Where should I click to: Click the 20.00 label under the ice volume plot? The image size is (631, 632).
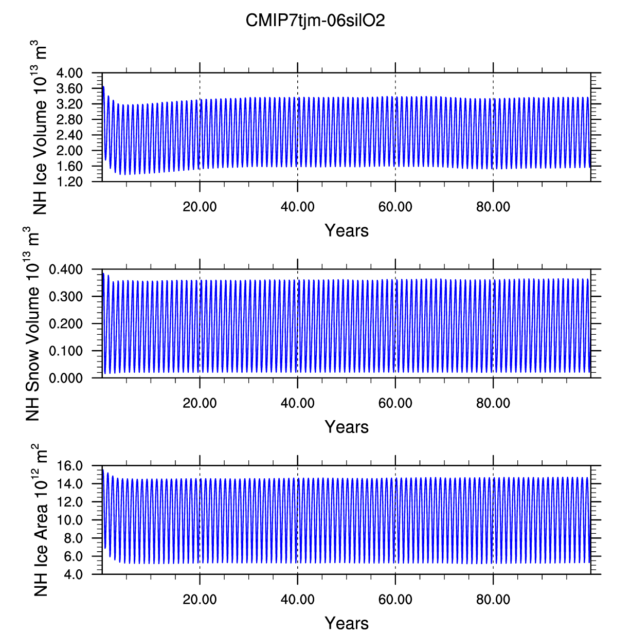coord(200,207)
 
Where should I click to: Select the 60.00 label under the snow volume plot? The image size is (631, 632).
coord(395,404)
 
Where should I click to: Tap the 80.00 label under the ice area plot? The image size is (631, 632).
coord(493,600)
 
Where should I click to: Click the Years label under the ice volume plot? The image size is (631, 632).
coord(347,231)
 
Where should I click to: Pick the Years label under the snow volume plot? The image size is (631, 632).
coord(347,427)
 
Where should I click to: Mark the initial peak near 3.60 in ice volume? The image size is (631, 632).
coord(103,87)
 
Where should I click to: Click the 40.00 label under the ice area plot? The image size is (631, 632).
coord(297,600)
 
